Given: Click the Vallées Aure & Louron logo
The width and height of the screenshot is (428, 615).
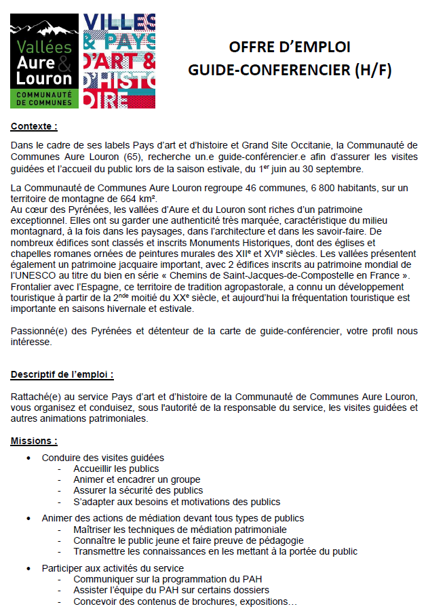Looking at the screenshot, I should click(x=42, y=61).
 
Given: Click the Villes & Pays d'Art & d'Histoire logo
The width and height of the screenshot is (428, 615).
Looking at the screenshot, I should click(x=119, y=61).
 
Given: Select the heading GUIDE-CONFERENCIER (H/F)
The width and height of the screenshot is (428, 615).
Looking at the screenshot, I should click(x=290, y=69).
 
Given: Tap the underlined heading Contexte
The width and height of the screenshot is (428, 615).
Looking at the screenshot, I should click(x=34, y=126).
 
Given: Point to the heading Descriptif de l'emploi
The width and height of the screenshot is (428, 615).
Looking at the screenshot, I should click(x=62, y=374).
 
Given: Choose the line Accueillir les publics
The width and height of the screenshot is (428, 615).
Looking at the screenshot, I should click(x=116, y=469).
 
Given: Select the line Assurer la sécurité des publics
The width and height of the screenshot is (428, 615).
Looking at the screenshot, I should click(x=138, y=490).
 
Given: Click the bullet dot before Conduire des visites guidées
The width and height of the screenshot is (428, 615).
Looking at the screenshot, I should click(x=28, y=458).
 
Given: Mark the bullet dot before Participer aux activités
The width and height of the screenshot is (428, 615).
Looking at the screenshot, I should click(x=28, y=568).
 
